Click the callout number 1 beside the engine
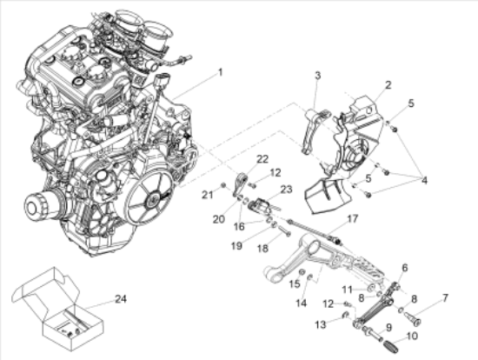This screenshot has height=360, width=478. click(220, 72)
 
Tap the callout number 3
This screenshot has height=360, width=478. click(318, 77)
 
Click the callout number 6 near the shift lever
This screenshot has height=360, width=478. click(404, 269)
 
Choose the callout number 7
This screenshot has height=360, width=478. click(445, 298)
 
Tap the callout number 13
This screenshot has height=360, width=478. click(322, 323)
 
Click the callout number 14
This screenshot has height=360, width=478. click(302, 303)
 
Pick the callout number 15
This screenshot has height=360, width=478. click(294, 283)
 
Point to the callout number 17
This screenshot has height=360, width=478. click(352, 218)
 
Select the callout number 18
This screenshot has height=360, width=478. click(262, 249)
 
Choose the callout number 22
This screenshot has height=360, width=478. click(262, 157)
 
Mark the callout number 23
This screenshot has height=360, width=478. click(286, 188)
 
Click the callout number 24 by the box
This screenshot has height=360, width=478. click(120, 299)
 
